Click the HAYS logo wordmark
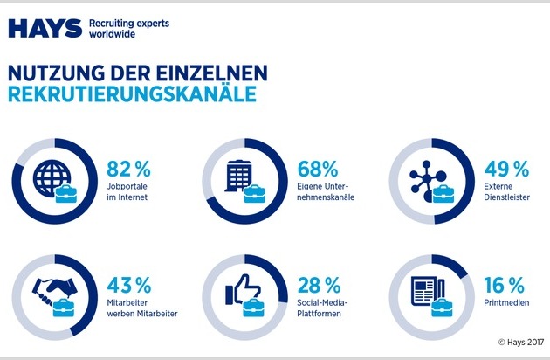[45, 28]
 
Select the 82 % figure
[129, 166]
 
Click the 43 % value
[129, 285]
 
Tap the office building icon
[237, 177]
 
